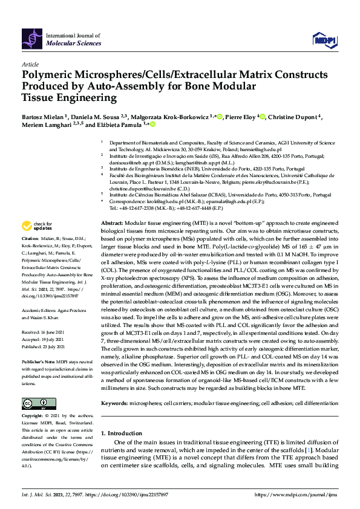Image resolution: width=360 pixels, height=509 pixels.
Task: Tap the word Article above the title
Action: click(x=30, y=63)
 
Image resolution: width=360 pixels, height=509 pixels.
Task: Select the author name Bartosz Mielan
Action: click(x=44, y=116)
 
